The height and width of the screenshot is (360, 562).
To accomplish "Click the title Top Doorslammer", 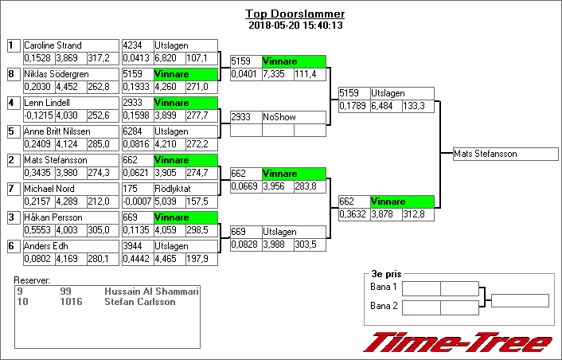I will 295,14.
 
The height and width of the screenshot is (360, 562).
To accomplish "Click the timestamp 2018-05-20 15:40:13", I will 295,25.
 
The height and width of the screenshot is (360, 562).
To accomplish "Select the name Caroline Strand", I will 53,45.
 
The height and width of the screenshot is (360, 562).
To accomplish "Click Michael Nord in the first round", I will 49,189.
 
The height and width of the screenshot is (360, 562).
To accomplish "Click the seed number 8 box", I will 12,74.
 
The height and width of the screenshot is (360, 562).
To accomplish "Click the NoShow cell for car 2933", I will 293,117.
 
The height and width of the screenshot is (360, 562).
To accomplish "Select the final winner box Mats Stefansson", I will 505,154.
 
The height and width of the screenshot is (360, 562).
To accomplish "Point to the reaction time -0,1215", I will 38,116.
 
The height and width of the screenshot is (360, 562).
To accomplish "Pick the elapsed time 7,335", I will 277,74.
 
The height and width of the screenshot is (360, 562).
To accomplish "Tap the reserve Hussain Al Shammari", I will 151,292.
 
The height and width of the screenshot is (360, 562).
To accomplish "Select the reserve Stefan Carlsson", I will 140,303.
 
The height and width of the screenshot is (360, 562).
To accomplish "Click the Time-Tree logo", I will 457,342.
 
